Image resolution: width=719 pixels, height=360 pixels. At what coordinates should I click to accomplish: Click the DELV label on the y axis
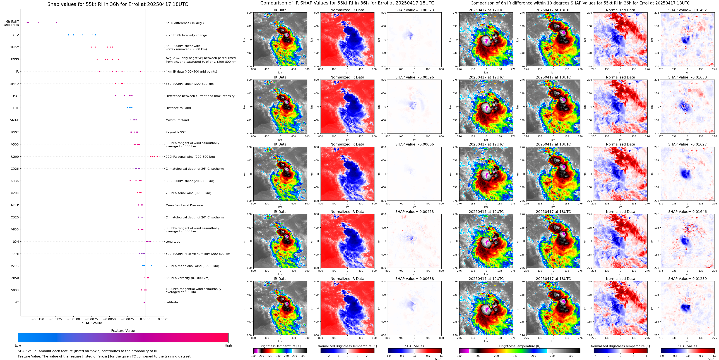15,35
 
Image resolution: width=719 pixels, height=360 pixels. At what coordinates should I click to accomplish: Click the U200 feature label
15,157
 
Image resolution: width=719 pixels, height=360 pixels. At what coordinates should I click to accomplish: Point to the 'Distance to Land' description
178,108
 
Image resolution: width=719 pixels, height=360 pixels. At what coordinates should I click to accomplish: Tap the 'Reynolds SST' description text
175,132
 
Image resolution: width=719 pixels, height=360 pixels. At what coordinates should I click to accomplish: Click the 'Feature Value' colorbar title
123,331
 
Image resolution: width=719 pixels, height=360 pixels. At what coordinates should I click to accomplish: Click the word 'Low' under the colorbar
18,345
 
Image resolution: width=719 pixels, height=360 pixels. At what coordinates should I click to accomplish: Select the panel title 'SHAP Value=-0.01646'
687,212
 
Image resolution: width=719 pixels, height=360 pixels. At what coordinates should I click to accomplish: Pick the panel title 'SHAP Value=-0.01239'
687,279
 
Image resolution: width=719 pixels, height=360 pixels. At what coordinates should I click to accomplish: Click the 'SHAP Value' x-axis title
92,323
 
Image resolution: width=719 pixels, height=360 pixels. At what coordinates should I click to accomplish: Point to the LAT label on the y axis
16,302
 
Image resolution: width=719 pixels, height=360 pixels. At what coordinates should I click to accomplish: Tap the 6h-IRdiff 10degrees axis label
11,23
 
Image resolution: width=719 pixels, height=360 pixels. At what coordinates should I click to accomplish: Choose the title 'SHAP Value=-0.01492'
687,10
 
